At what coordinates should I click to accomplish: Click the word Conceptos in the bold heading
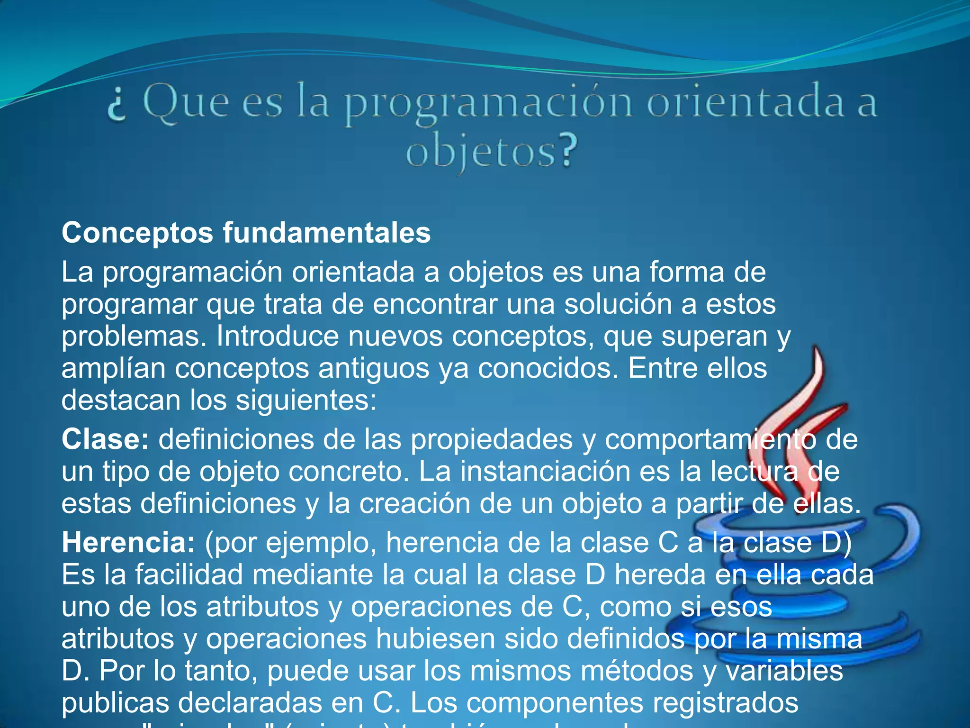tap(137, 233)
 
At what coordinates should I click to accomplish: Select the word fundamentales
tap(326, 233)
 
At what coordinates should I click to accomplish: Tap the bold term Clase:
tap(105, 439)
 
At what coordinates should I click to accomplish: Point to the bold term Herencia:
tap(128, 543)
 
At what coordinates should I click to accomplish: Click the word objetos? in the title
tap(492, 153)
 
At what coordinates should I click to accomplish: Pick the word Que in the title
tap(186, 103)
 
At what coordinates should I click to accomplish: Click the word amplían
tap(113, 369)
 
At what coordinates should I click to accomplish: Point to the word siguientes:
tap(306, 400)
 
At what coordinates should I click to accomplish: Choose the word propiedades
tap(491, 439)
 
